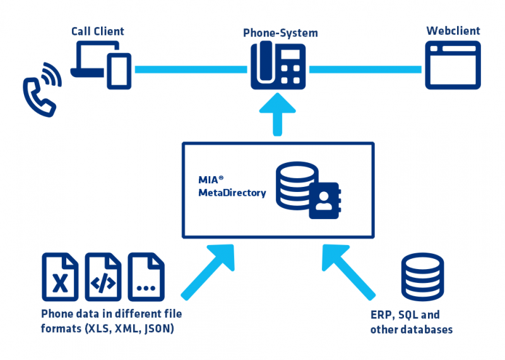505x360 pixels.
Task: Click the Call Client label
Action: pos(97,31)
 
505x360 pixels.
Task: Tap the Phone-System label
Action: pos(280,33)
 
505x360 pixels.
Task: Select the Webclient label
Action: pos(453,31)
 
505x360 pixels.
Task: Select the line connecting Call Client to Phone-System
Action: pos(189,68)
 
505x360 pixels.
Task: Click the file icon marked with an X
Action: pos(60,277)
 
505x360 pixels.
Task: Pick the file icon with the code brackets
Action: pos(103,277)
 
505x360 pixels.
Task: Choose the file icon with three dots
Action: pos(146,277)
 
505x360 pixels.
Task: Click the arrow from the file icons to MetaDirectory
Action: pos(208,272)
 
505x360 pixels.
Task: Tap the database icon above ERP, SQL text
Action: pos(422,279)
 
